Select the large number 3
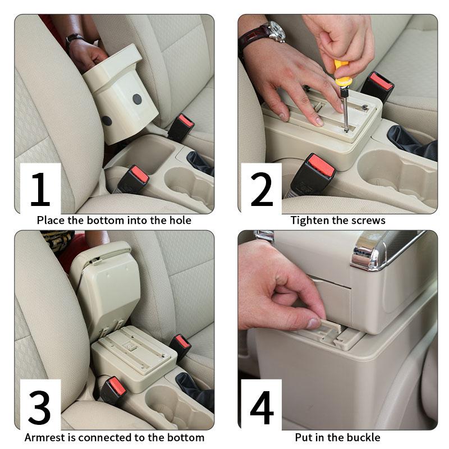(x=40, y=405)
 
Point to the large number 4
(x=262, y=405)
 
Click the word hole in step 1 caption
(x=178, y=220)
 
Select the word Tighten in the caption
(x=310, y=220)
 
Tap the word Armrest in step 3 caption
(x=45, y=437)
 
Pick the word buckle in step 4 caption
(x=364, y=437)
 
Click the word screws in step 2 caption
(x=368, y=220)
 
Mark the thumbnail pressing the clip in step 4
(x=314, y=323)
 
